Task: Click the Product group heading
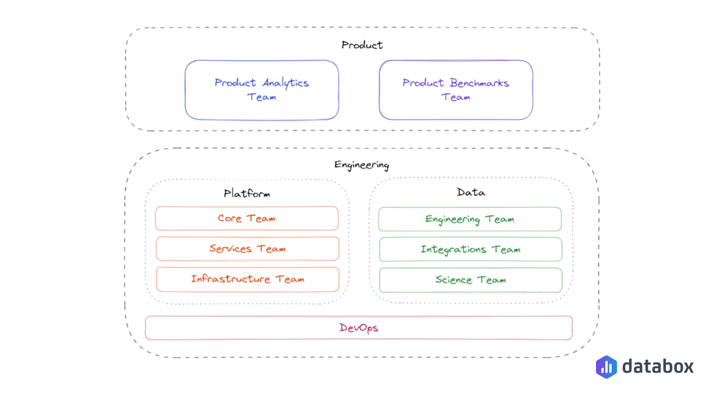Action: [x=362, y=45]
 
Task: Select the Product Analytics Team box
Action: [x=262, y=90]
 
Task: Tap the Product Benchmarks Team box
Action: [x=456, y=90]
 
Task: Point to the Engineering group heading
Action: [x=361, y=165]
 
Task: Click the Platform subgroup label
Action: [x=247, y=193]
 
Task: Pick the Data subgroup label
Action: [x=471, y=192]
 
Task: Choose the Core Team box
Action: [x=247, y=218]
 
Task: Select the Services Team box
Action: [x=247, y=249]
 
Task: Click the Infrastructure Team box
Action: [x=247, y=279]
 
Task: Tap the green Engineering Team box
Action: [x=470, y=219]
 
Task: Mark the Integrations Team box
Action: [x=470, y=249]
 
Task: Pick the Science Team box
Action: [x=470, y=280]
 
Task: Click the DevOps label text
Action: [x=358, y=328]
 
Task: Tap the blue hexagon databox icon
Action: [x=606, y=367]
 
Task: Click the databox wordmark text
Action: [x=658, y=366]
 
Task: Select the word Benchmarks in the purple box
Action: [x=479, y=83]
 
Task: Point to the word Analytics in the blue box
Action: [x=285, y=83]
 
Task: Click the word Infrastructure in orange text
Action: [x=231, y=279]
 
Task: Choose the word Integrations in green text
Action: [x=453, y=250]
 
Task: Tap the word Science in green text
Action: [x=453, y=280]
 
